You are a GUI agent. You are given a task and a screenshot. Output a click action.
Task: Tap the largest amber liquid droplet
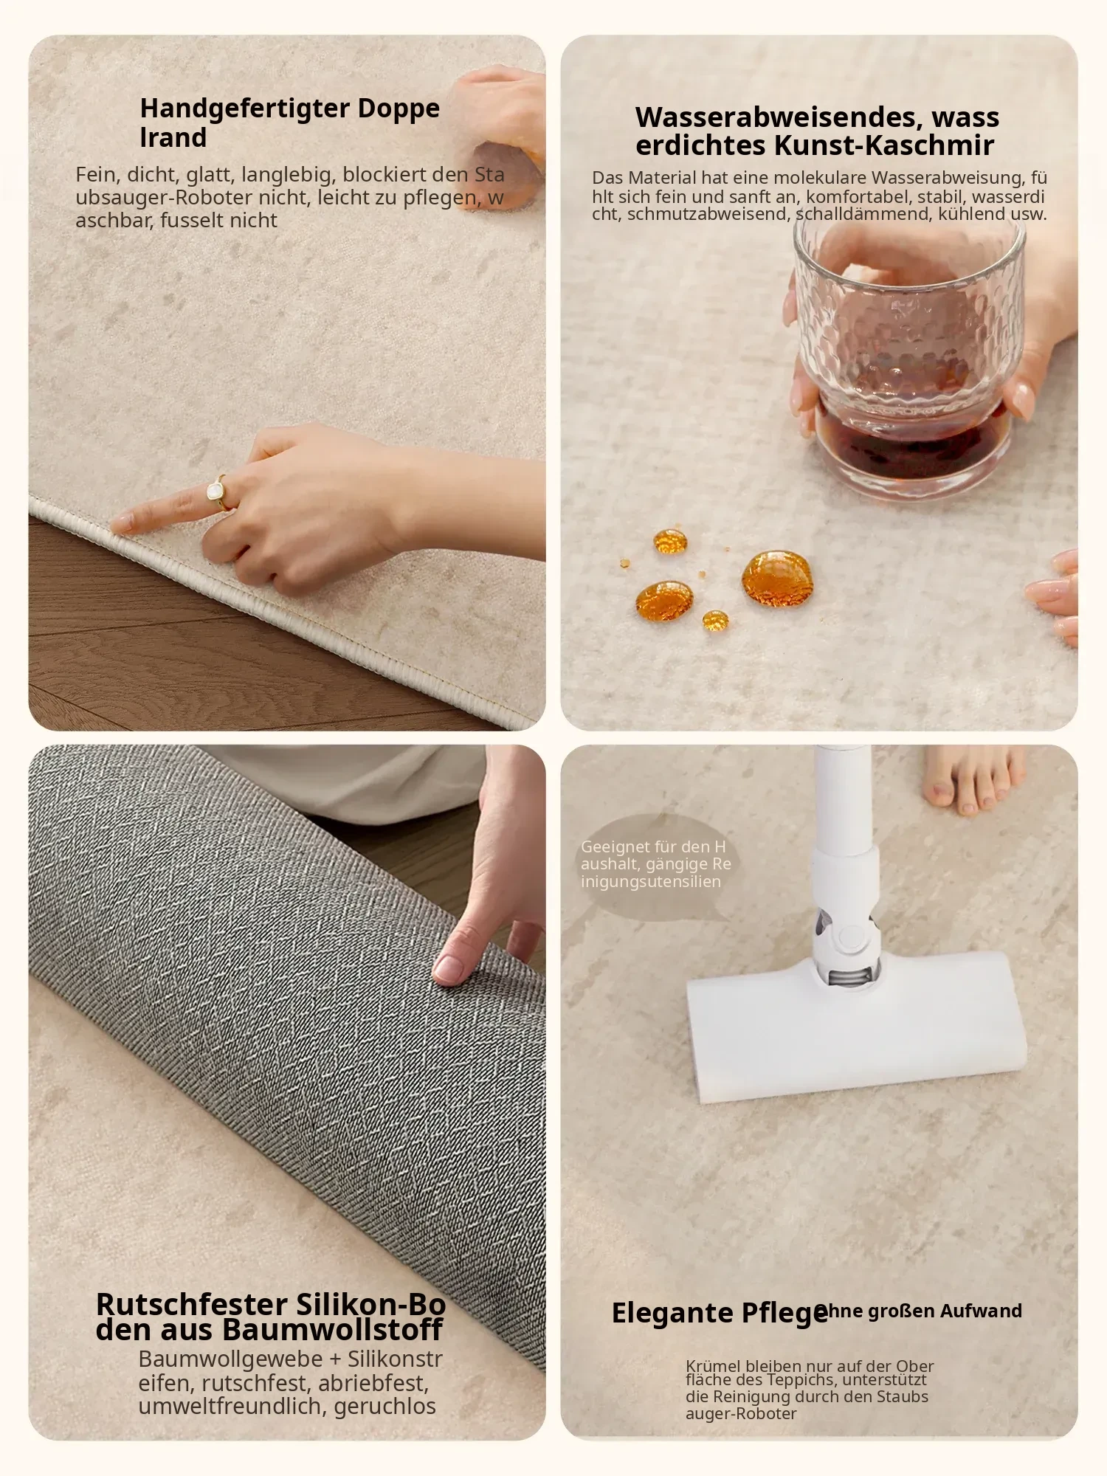tap(777, 578)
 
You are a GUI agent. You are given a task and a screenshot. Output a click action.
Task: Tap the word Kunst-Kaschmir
tap(884, 145)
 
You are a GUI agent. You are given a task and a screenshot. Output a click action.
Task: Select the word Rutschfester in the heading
tap(192, 1305)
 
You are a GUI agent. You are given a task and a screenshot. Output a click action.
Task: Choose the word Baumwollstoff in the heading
tap(332, 1330)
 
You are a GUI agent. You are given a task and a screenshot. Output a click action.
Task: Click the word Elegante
tap(672, 1313)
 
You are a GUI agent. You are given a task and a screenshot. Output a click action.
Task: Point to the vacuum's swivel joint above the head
tap(846, 937)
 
